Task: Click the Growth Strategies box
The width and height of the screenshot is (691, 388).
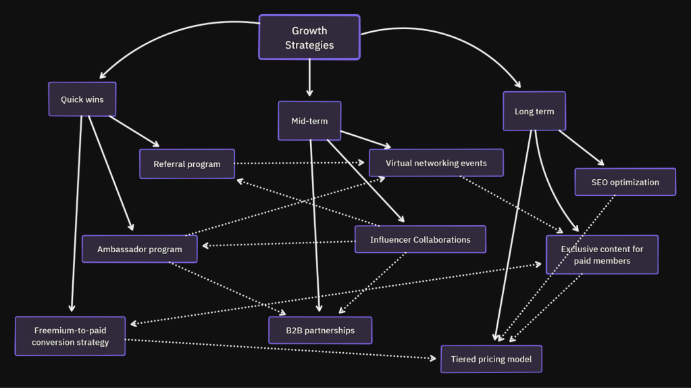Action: coord(309,38)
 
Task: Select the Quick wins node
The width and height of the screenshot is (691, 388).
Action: coord(82,99)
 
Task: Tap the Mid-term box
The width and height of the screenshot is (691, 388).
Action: coord(309,121)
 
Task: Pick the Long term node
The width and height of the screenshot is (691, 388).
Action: coord(534,111)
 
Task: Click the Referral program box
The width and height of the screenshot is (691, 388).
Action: coord(187,164)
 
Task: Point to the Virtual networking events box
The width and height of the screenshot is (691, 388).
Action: coord(436,163)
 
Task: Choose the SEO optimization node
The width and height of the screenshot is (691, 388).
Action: coord(625,182)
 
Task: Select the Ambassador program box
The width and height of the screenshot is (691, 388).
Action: coord(140,249)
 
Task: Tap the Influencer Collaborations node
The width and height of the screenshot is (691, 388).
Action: coord(420,239)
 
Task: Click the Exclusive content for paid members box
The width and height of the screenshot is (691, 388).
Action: coord(602,254)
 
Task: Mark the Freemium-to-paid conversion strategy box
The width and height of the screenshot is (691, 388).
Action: coord(70,336)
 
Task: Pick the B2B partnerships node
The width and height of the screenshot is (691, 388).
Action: coord(320,331)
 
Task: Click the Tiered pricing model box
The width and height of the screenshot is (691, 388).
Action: coord(491,359)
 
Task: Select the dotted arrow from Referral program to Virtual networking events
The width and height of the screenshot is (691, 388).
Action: coord(301,163)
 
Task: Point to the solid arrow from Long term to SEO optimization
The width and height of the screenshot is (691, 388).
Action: coord(581,147)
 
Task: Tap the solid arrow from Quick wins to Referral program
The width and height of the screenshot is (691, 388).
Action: coord(134,131)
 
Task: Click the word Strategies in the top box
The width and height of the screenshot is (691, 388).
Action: coord(309,45)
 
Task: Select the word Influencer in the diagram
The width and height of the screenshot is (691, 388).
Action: coord(390,239)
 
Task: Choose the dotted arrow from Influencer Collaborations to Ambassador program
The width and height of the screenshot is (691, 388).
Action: coord(277,243)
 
